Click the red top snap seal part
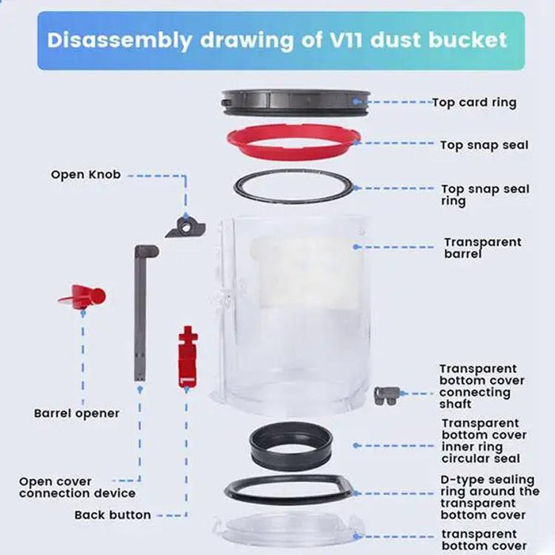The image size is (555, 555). click(x=242, y=141)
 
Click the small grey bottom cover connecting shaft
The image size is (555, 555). click(x=386, y=395)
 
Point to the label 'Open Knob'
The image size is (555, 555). click(x=86, y=174)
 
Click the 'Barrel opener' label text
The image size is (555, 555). click(x=76, y=413)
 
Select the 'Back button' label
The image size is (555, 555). click(x=113, y=515)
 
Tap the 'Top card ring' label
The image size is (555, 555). click(x=474, y=102)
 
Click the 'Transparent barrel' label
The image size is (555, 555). click(x=482, y=248)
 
